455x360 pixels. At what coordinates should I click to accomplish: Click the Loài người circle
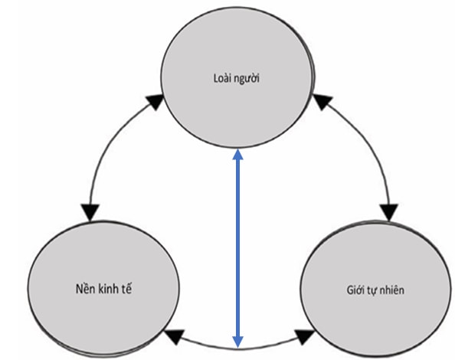pos(237,77)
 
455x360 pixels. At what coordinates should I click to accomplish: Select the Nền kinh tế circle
pos(103,289)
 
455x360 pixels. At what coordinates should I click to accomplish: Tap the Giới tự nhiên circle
pos(376,289)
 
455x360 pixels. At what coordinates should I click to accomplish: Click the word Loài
pos(222,78)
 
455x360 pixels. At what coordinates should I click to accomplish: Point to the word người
pos(247,80)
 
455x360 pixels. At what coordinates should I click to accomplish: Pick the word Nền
pos(83,289)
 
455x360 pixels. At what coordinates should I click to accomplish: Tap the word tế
pos(126,289)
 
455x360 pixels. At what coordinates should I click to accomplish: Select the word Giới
pos(355,290)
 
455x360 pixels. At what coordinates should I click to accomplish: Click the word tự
pos(372,291)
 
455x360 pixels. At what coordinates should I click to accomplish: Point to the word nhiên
pos(391,290)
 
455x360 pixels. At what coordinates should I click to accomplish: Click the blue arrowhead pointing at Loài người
pos(237,154)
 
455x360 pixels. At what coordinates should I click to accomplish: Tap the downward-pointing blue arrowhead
pos(237,342)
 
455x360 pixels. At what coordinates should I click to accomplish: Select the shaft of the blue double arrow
pos(237,247)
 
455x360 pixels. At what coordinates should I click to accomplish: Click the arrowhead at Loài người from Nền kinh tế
pos(155,101)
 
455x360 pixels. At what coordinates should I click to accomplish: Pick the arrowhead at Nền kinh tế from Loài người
pos(90,212)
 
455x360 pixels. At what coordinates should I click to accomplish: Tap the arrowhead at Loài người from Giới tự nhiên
pos(322,101)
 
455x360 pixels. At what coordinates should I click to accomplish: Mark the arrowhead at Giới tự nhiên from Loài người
pos(389,212)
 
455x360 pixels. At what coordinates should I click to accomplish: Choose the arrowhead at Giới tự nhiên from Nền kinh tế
pos(304,336)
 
